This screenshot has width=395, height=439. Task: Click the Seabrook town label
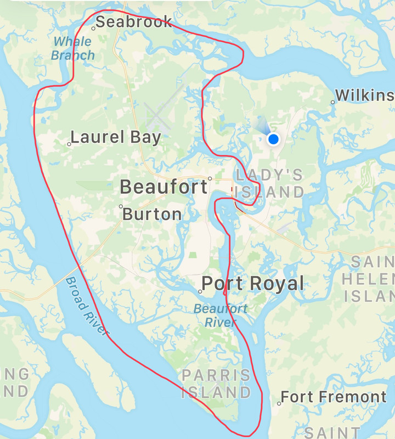click(x=134, y=22)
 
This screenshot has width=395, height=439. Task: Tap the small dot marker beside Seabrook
click(x=94, y=28)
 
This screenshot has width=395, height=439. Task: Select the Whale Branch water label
click(x=73, y=48)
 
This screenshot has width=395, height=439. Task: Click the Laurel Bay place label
click(x=116, y=137)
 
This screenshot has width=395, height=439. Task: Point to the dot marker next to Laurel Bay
click(x=69, y=144)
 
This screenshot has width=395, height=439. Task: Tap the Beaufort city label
click(x=163, y=187)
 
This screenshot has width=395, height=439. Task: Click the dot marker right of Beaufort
click(x=210, y=179)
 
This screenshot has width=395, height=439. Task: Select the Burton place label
click(x=152, y=214)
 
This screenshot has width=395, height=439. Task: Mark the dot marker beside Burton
click(x=121, y=206)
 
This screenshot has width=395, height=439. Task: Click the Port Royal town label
click(x=253, y=284)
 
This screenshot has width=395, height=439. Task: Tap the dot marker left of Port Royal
click(x=200, y=291)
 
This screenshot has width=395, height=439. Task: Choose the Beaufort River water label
click(x=221, y=315)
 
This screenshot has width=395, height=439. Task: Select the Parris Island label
click(x=216, y=384)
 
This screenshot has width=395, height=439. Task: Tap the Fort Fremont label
click(x=334, y=397)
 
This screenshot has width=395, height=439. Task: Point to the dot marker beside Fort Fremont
click(x=279, y=403)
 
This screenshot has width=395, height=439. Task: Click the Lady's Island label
click(x=269, y=183)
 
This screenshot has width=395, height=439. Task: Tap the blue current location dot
click(x=273, y=139)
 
